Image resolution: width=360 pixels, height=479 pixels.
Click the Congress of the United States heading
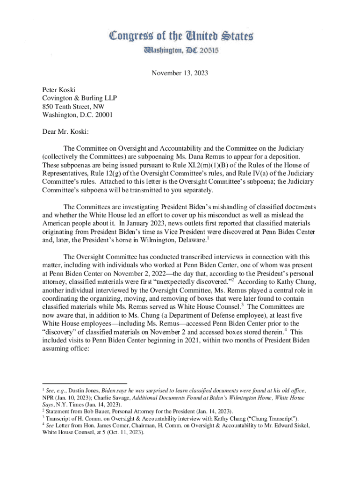[x=181, y=35]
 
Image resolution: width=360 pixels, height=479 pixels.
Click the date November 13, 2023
[x=180, y=73]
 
